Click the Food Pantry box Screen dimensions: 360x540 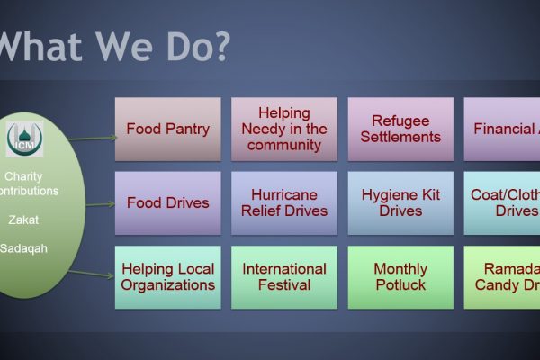pyautogui.click(x=167, y=129)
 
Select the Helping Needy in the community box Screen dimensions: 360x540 pyautogui.click(x=283, y=129)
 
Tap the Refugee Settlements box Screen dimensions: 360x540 pyautogui.click(x=400, y=129)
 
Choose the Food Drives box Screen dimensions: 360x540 pyautogui.click(x=167, y=202)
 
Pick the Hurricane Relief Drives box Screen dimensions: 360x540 pyautogui.click(x=283, y=202)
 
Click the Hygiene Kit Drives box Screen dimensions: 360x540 pyautogui.click(x=400, y=202)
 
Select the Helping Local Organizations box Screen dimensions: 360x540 pyautogui.click(x=167, y=277)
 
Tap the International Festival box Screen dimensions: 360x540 pyautogui.click(x=283, y=277)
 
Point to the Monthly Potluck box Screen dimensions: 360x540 pyautogui.click(x=400, y=277)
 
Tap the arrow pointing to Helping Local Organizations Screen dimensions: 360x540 pyautogui.click(x=93, y=274)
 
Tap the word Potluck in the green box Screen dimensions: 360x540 pyautogui.click(x=400, y=285)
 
